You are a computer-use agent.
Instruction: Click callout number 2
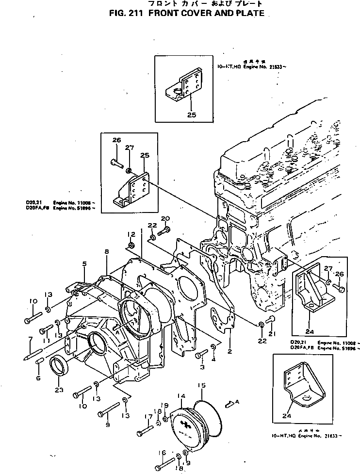228,352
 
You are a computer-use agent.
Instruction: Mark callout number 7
30,338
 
